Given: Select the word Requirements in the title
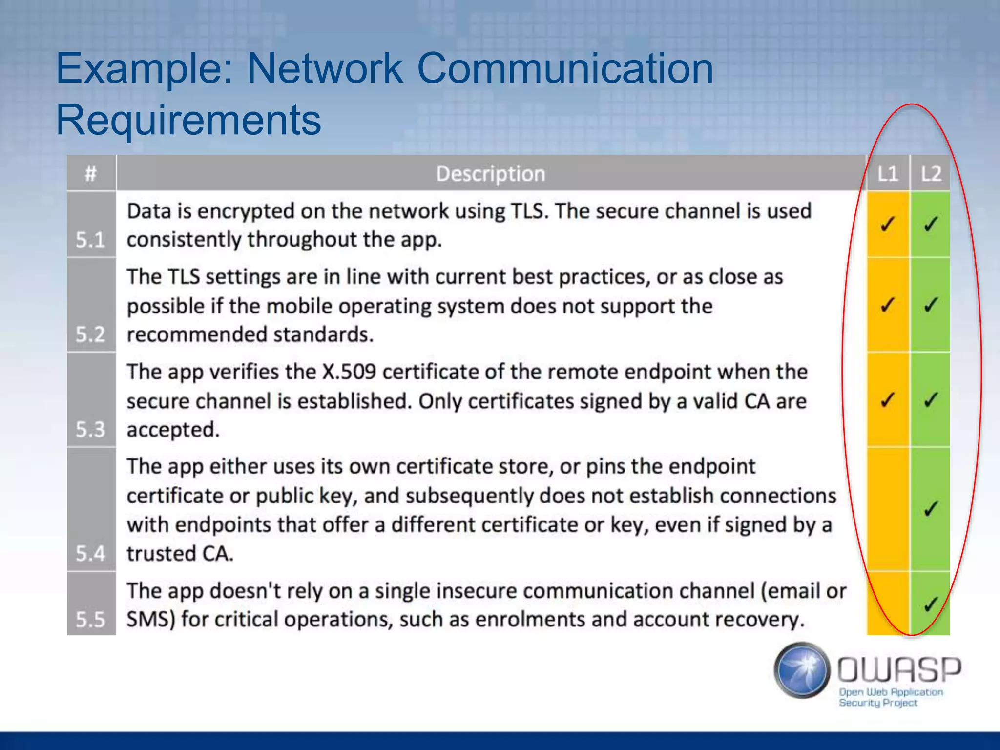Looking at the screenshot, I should coord(188,120).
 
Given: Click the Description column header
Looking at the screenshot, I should coord(490,174).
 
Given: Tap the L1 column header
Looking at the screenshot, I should coord(887,174).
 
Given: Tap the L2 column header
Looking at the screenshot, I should coord(930,174).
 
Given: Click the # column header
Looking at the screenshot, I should coord(91,174).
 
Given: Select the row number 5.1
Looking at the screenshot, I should coord(90,240).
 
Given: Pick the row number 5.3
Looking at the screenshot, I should coord(90,429).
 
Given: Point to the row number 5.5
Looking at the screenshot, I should coord(90,619).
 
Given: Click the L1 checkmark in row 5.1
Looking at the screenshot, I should coord(887,224).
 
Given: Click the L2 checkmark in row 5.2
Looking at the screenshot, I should coord(930,305).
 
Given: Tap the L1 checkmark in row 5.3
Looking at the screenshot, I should coord(887,400).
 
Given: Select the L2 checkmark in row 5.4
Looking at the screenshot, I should coord(930,509).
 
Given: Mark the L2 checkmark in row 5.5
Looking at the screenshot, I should coord(930,604).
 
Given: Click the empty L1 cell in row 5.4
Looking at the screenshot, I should coord(887,509).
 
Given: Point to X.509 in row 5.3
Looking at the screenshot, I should coord(349,372).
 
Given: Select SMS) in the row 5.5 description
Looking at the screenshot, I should coord(151,620).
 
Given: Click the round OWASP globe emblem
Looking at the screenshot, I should coord(802,670).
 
